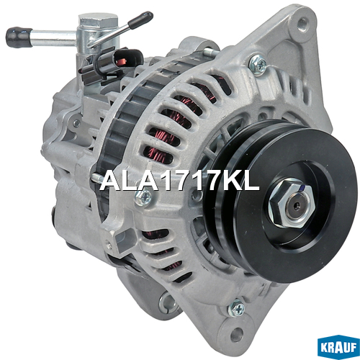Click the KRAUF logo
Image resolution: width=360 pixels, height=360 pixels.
338,347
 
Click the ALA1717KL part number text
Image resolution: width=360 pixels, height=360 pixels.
179,181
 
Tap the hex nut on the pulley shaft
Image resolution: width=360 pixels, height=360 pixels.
291,203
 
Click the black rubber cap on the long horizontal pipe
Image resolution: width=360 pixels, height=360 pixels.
19,37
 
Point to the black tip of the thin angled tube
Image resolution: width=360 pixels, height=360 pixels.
140,20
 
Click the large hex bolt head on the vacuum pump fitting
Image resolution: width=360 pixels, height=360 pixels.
98,20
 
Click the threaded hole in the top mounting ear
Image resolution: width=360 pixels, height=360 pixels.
302,24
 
